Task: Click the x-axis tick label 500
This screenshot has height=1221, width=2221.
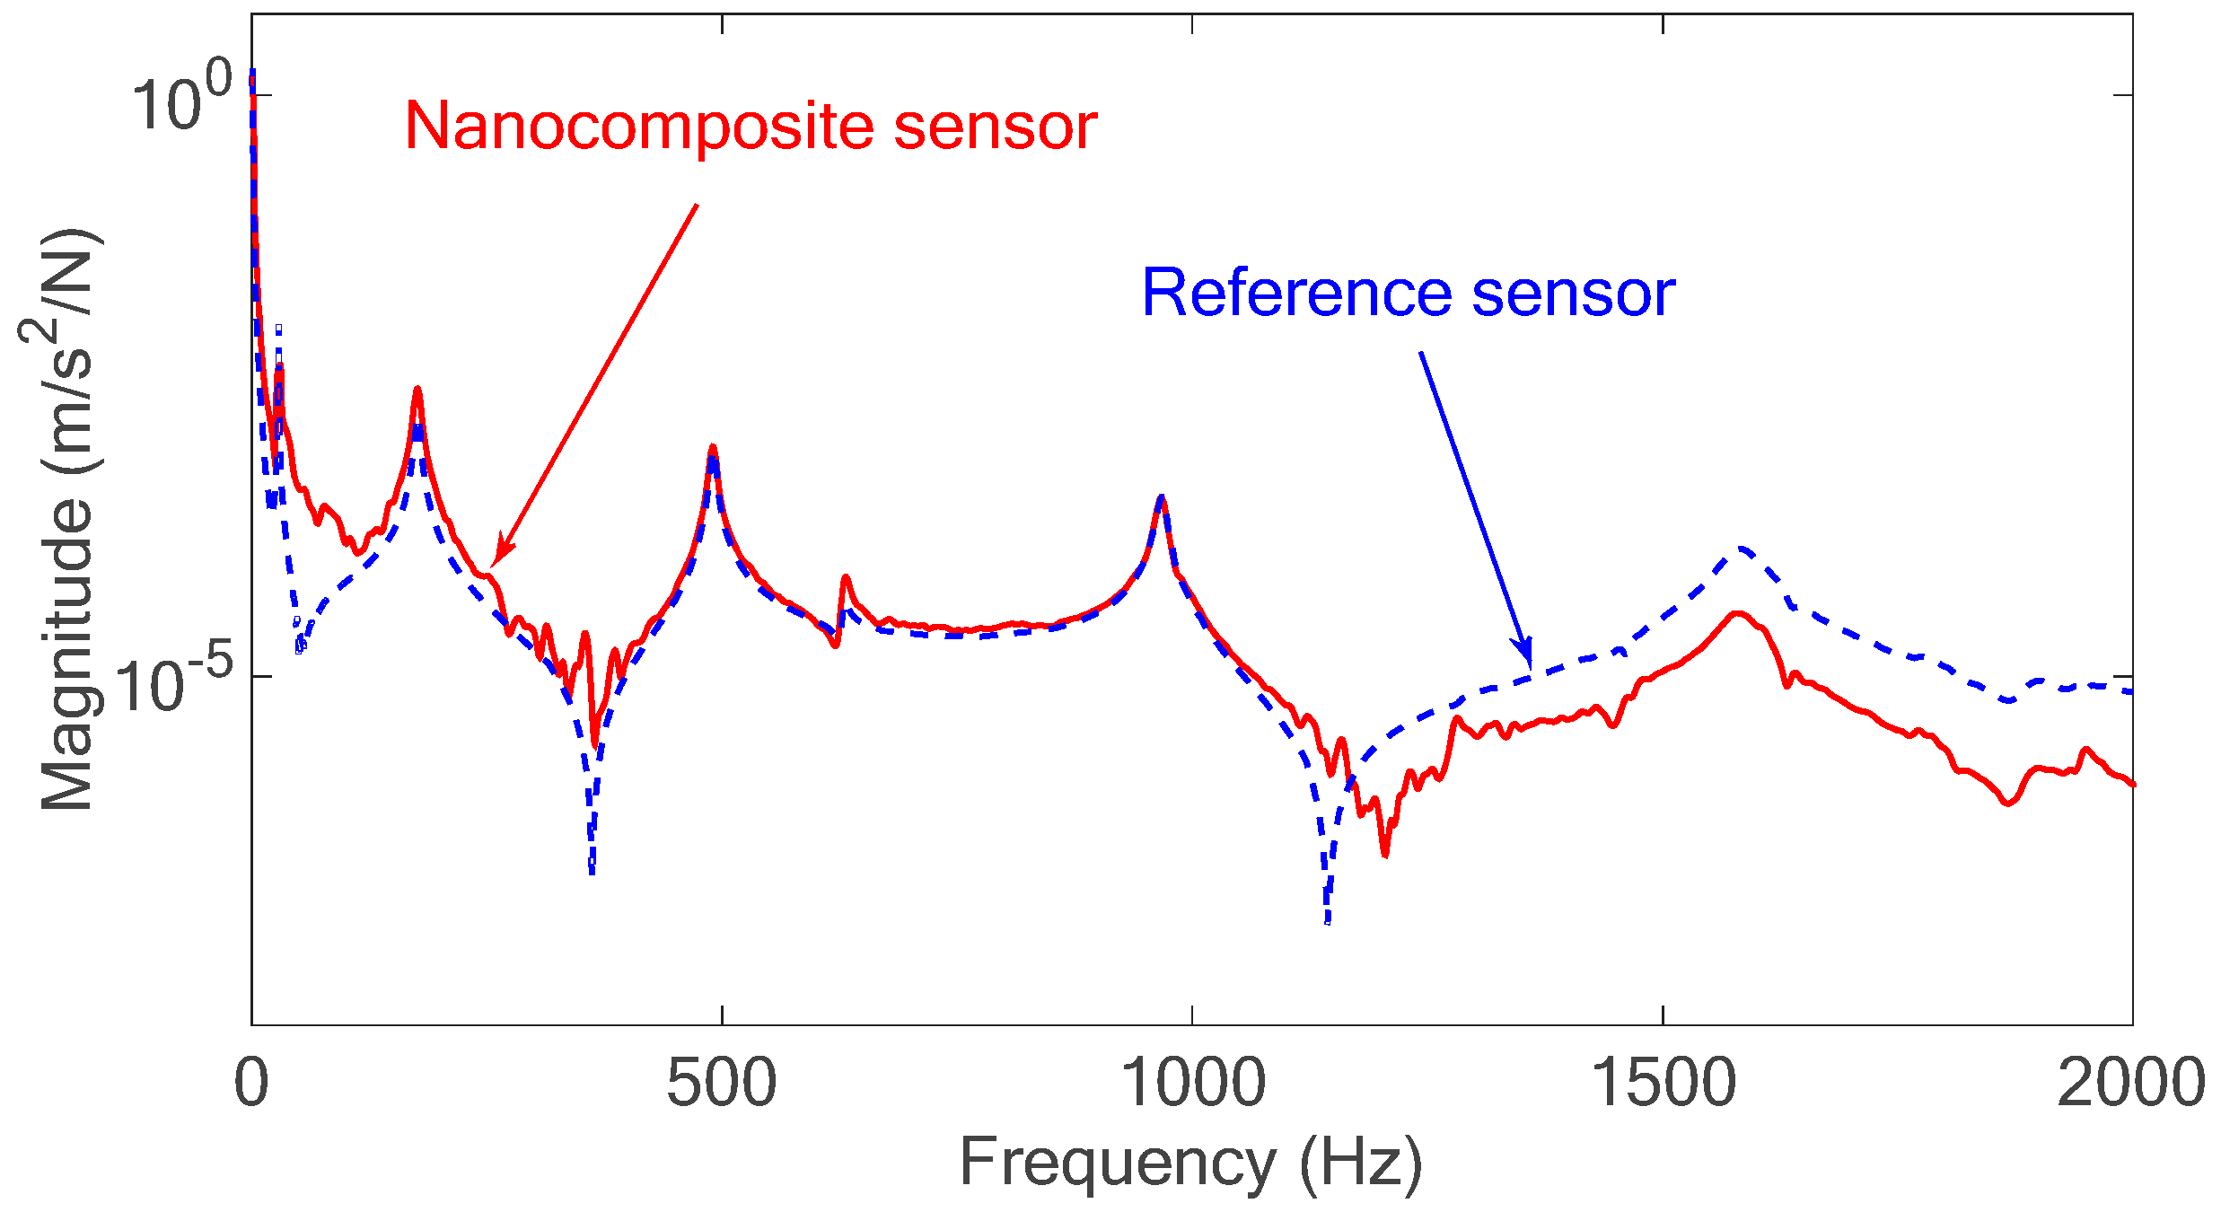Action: point(721,1083)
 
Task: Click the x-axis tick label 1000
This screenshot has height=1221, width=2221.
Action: point(1192,1083)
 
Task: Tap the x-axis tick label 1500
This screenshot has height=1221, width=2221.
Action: point(1663,1083)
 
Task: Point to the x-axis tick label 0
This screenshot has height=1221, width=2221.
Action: point(251,1083)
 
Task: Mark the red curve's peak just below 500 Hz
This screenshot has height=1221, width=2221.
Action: point(712,447)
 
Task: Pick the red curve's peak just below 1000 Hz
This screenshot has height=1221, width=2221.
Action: point(1162,497)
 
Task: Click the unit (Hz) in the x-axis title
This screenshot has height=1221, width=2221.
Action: point(1360,1164)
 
